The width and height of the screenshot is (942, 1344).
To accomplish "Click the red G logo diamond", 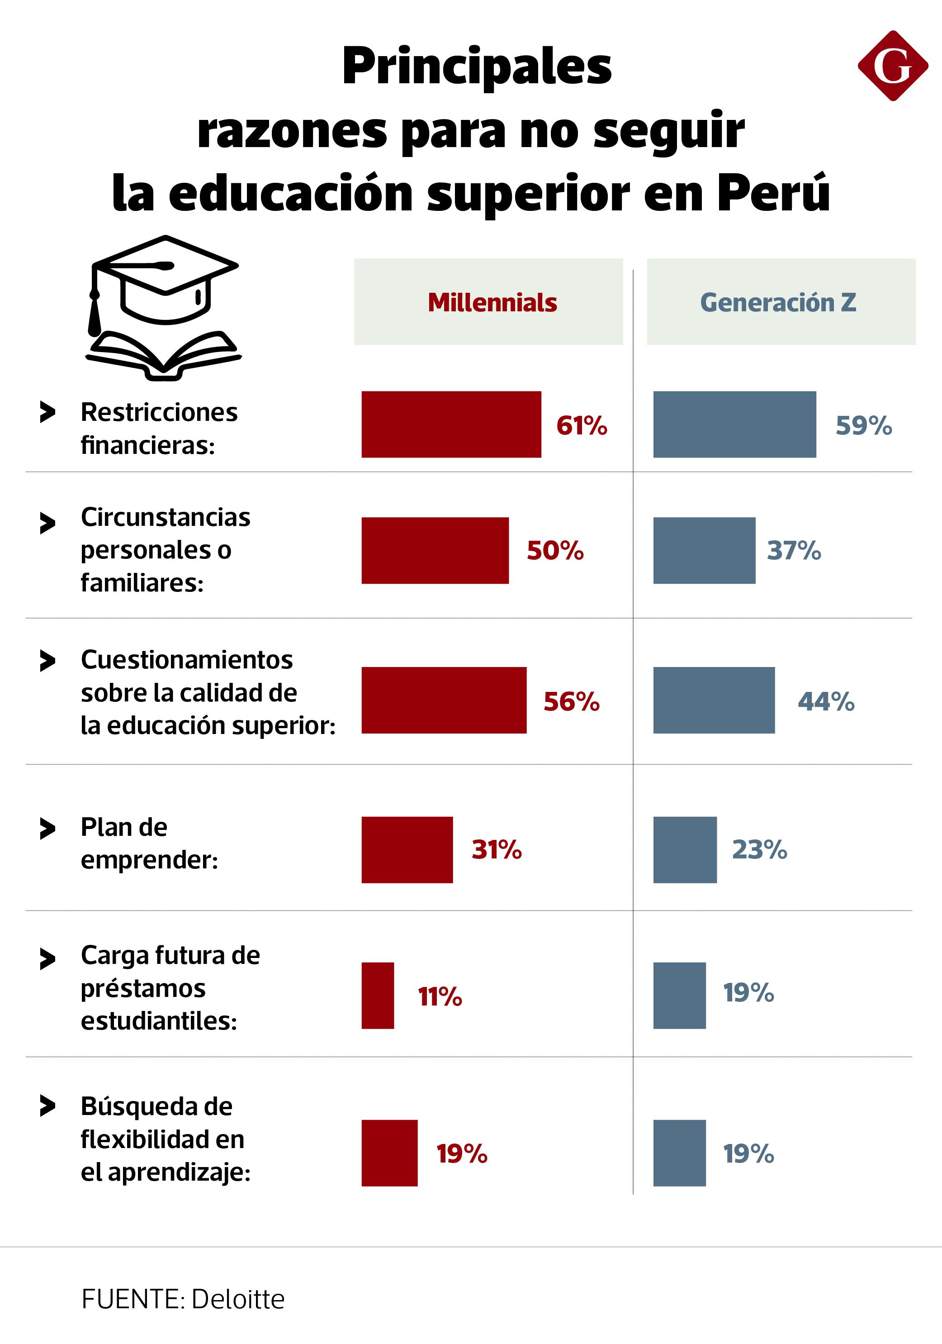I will coord(892,66).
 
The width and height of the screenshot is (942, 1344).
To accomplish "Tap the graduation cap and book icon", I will coord(164,308).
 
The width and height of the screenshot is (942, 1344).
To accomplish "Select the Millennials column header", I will coord(492,302).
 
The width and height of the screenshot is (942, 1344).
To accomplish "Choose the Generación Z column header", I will coord(778,302).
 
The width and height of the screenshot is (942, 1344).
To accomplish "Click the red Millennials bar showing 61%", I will coord(451,424).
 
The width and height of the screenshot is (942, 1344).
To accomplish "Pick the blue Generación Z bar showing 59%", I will coord(734,424).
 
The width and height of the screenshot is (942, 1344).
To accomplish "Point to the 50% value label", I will coord(555,550).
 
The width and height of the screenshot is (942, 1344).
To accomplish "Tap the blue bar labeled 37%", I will coord(704,550).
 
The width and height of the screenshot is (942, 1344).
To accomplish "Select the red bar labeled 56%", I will coord(444,700).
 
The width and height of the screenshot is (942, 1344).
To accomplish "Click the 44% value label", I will coord(826,701).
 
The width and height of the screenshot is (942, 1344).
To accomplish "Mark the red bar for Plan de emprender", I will coord(407,849).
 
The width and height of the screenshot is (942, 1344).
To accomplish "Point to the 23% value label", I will coord(759,849).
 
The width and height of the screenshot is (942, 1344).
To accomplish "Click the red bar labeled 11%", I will coord(377,996).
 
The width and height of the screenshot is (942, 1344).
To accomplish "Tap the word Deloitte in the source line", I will coord(237,1299).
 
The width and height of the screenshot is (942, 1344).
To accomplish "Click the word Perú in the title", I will coord(773,193).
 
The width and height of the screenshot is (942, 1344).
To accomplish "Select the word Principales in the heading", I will coord(476,67).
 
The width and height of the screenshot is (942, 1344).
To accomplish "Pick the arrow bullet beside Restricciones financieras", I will coord(47,412).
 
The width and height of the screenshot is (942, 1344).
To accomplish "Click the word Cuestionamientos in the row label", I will coord(187,660).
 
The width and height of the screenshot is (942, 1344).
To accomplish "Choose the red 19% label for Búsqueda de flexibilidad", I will coord(462,1153).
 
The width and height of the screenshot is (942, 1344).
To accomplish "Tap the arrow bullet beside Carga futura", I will coord(47,959).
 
